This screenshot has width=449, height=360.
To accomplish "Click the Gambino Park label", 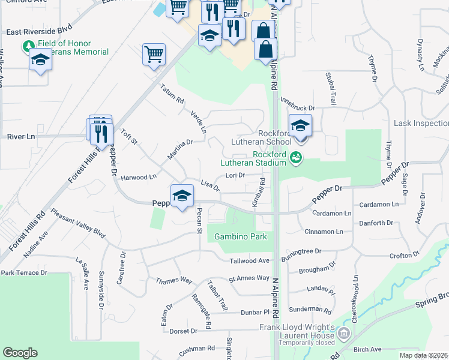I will coord(241,237).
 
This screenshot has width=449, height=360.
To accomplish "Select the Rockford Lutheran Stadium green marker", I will coord(295,158).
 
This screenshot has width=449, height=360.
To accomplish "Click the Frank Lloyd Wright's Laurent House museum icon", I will coord(344,334).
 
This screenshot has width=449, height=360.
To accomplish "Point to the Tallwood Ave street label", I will coord(250,260).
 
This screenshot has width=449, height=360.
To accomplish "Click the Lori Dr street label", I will coord(235,176).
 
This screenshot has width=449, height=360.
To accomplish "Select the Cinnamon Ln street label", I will coord(324,232).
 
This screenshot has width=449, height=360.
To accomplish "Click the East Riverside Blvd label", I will coord(40,32).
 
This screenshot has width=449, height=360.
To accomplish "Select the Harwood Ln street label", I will coord(139,177).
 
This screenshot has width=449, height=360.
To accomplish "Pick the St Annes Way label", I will coord(249,278).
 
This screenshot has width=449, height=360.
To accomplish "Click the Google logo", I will coord(20,353).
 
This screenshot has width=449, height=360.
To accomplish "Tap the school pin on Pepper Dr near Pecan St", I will coord(182,195).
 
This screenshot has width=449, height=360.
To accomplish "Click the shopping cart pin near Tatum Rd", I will coord(154,55).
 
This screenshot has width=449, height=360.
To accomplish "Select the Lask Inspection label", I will coord(421,123).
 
